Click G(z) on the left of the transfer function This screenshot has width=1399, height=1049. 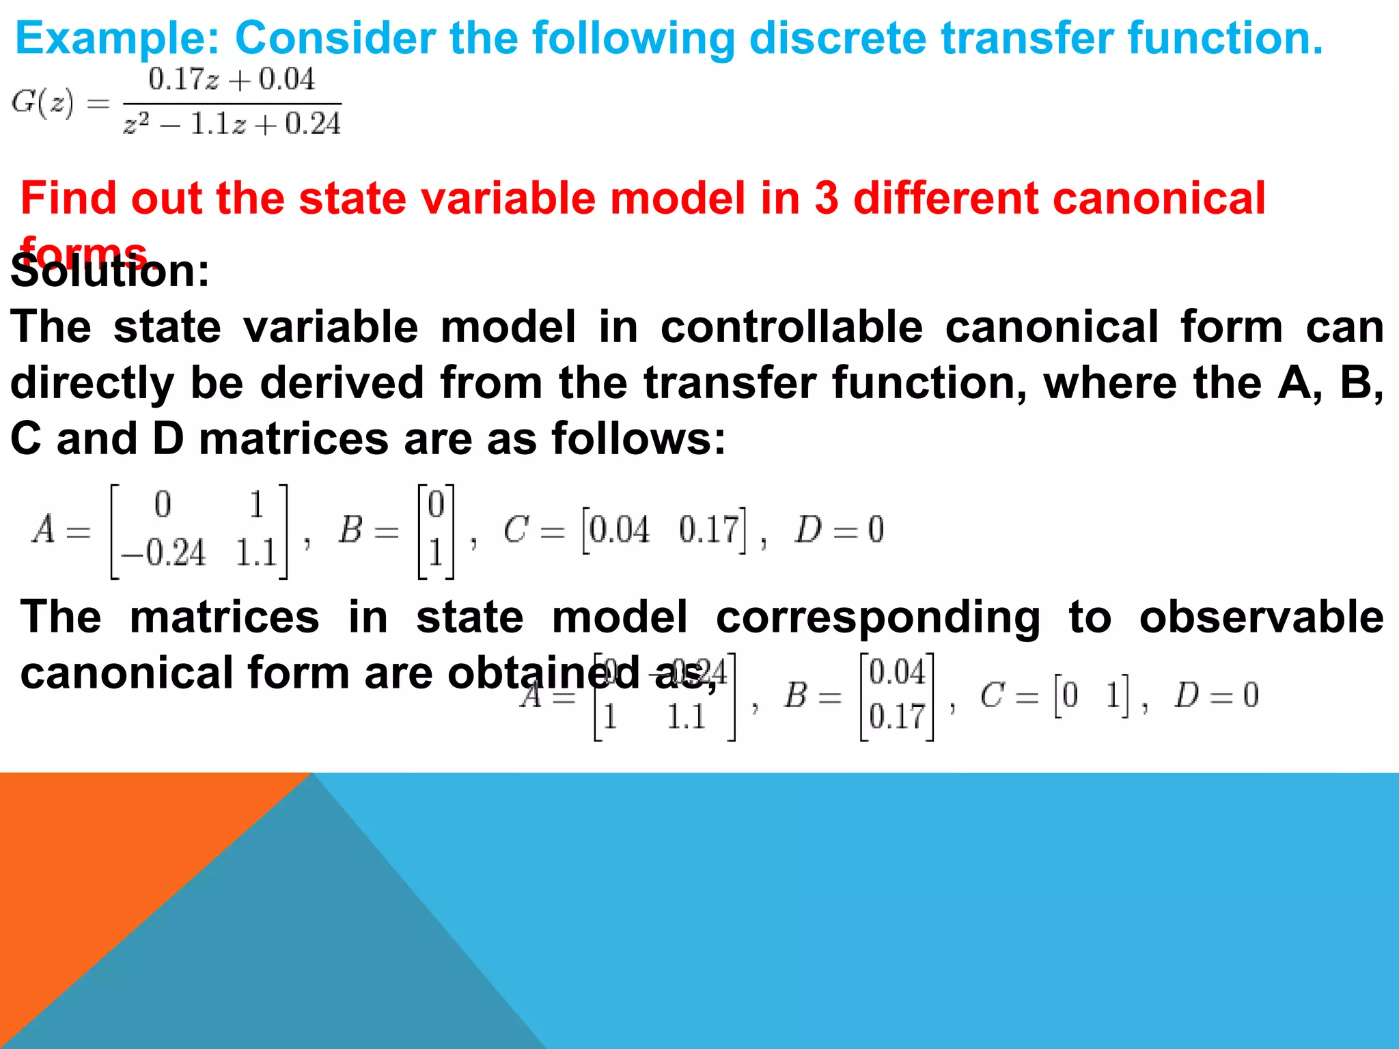(42, 102)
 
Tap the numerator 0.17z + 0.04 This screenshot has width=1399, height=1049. (232, 79)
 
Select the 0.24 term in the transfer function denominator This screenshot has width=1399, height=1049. (313, 124)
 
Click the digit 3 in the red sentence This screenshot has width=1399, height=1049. (826, 198)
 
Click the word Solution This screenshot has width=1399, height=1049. (109, 272)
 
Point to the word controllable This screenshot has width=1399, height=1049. (791, 326)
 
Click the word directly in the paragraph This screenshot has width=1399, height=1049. (92, 382)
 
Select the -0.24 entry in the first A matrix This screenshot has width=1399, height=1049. (163, 553)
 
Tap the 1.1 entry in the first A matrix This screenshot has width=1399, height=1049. (255, 553)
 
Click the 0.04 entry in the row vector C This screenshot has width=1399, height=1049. (619, 530)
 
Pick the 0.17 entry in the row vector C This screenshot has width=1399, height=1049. (709, 530)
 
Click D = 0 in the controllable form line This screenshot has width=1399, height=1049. (839, 530)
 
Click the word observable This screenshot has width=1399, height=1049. (1261, 617)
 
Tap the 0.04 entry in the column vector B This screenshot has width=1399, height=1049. (897, 673)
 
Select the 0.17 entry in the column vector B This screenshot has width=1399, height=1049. (897, 717)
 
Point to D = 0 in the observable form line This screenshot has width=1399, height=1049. (1217, 695)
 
